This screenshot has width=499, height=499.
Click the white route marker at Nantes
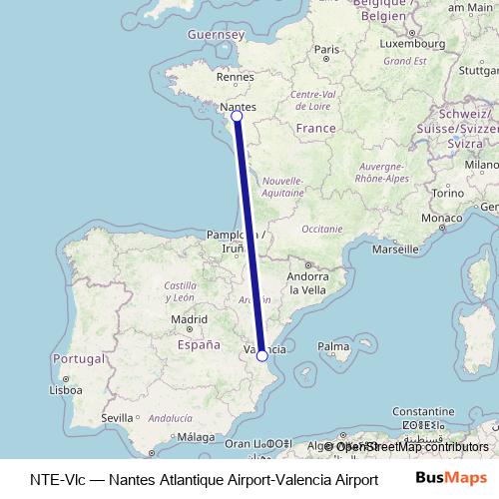(x=237, y=117)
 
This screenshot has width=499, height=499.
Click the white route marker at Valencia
(x=261, y=355)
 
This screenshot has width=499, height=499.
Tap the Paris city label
(x=326, y=49)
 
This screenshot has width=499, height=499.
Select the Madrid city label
(x=188, y=319)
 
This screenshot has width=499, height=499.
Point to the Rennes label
(x=237, y=76)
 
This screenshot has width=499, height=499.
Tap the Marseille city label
(x=394, y=249)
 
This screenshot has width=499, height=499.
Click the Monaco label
(x=440, y=218)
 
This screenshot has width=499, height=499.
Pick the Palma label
(x=332, y=347)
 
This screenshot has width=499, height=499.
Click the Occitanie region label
(x=321, y=229)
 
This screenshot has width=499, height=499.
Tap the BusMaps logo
(x=451, y=478)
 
